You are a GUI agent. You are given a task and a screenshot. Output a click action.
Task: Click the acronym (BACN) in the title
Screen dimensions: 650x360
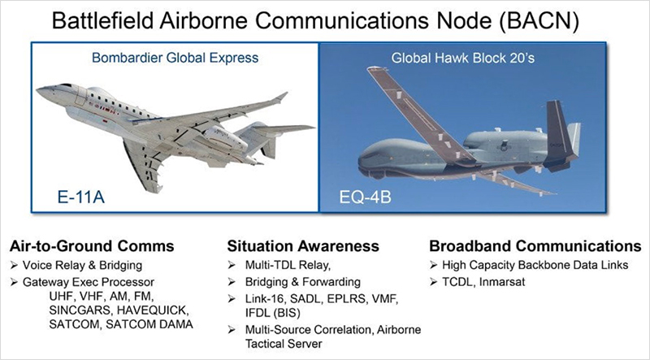[539, 21]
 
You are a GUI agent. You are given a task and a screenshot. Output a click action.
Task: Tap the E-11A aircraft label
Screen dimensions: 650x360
[80, 197]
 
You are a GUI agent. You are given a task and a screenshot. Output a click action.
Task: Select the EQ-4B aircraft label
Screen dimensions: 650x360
[365, 197]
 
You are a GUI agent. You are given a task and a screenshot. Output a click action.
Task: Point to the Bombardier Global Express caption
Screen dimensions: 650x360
[175, 58]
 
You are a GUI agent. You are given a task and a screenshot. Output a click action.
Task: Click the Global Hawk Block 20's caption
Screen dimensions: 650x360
[462, 58]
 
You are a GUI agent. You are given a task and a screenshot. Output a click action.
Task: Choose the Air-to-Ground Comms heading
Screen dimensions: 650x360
[92, 246]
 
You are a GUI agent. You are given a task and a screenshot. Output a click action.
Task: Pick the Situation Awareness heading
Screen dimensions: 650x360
[302, 246]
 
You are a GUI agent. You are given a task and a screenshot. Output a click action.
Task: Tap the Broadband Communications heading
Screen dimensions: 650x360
[535, 246]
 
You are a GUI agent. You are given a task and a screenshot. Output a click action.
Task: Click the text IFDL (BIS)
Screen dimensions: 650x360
[272, 312]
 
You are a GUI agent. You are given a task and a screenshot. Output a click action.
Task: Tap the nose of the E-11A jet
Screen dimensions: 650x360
[40, 89]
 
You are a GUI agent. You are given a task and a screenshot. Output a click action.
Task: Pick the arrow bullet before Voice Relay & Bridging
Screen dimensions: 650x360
[15, 266]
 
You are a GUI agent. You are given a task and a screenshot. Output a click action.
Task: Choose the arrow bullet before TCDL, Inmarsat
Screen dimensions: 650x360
[434, 282]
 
